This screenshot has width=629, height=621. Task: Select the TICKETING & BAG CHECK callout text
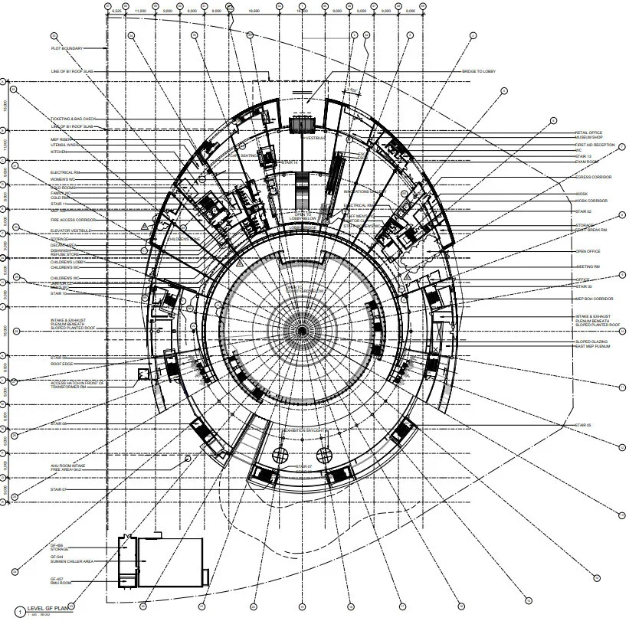[x=74, y=119]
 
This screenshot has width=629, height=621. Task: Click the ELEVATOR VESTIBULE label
[x=70, y=230]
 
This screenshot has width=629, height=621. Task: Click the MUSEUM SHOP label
[x=590, y=139]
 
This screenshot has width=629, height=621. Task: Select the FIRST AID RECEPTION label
[x=595, y=145]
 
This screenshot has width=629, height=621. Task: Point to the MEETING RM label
[x=586, y=266]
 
